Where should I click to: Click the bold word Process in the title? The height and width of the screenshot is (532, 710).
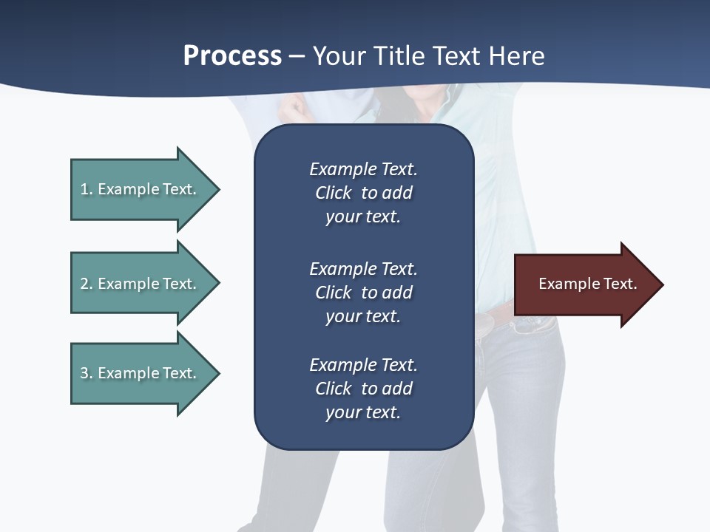[x=232, y=56]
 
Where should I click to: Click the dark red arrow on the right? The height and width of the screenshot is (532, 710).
[x=584, y=284]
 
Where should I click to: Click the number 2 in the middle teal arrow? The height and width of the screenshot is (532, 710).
[x=84, y=284]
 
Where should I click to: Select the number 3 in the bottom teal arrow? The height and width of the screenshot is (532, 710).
[x=84, y=373]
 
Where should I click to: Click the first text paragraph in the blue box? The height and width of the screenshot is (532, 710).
[x=363, y=193]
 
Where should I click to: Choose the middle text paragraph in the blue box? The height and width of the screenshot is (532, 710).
[x=363, y=293]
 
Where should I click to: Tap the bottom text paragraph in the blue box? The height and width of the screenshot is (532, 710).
[x=363, y=389]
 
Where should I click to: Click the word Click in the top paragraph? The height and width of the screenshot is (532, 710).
[x=333, y=193]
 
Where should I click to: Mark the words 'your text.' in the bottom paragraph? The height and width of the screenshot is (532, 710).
[x=363, y=412]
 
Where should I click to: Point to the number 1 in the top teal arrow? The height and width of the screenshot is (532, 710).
[x=84, y=189]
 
